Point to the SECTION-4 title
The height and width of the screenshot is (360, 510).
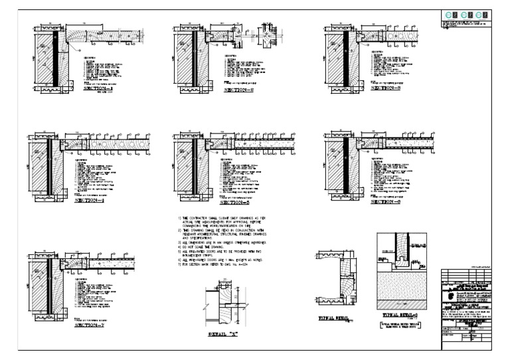click(91, 200)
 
